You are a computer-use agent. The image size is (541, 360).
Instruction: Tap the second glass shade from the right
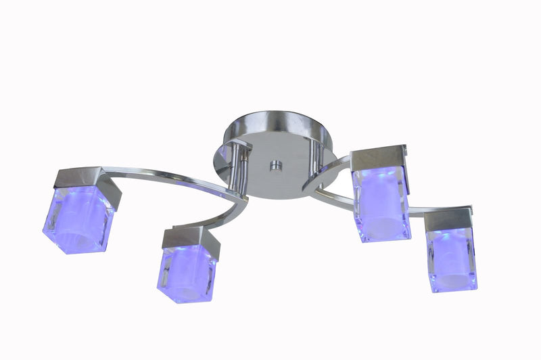tap(381, 203)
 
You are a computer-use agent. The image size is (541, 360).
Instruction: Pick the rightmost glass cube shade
tap(452, 258)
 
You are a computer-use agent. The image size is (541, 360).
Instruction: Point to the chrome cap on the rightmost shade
tap(449, 218)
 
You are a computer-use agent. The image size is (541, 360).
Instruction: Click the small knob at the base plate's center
tap(275, 166)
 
